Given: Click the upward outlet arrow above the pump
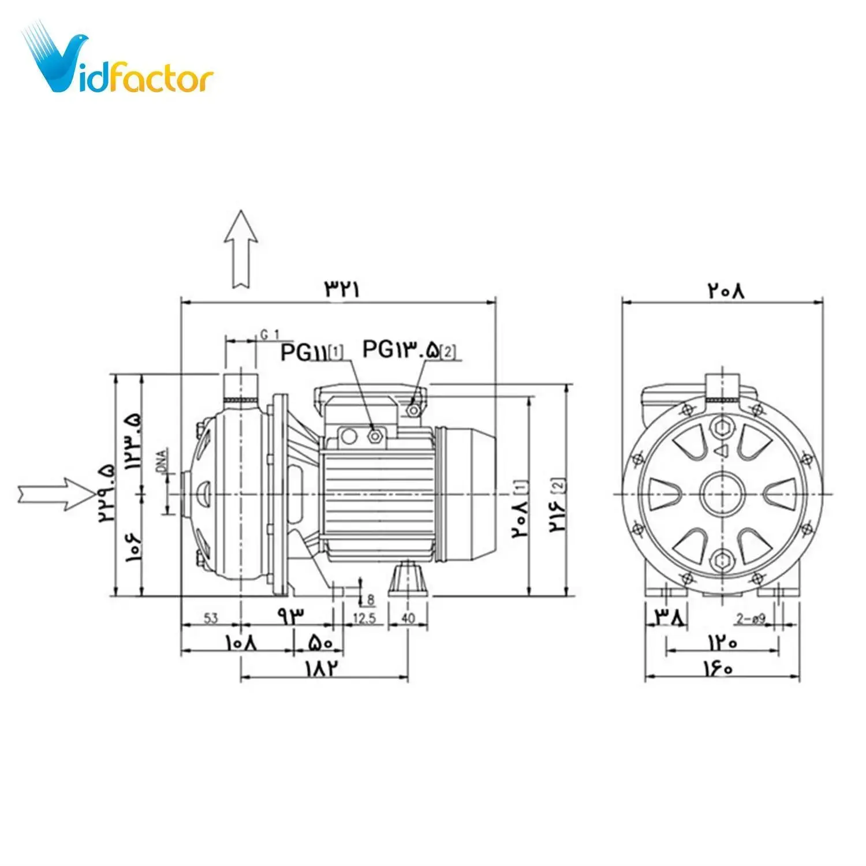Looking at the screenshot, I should point(241,249).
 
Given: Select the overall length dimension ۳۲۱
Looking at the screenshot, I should point(342,289).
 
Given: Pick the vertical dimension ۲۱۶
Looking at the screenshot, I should point(557,513).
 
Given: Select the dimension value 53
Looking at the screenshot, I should point(211,618).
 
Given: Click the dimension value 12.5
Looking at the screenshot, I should point(364,618).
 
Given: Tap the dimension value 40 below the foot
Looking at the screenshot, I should point(408,618).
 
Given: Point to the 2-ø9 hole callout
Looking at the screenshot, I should point(751,619).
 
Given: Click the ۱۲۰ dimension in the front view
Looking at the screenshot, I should point(722,641).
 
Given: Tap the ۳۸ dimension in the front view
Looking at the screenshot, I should point(670,618).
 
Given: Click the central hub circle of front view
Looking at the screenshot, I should point(722,494).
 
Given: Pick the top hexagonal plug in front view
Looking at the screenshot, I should point(722,428).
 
